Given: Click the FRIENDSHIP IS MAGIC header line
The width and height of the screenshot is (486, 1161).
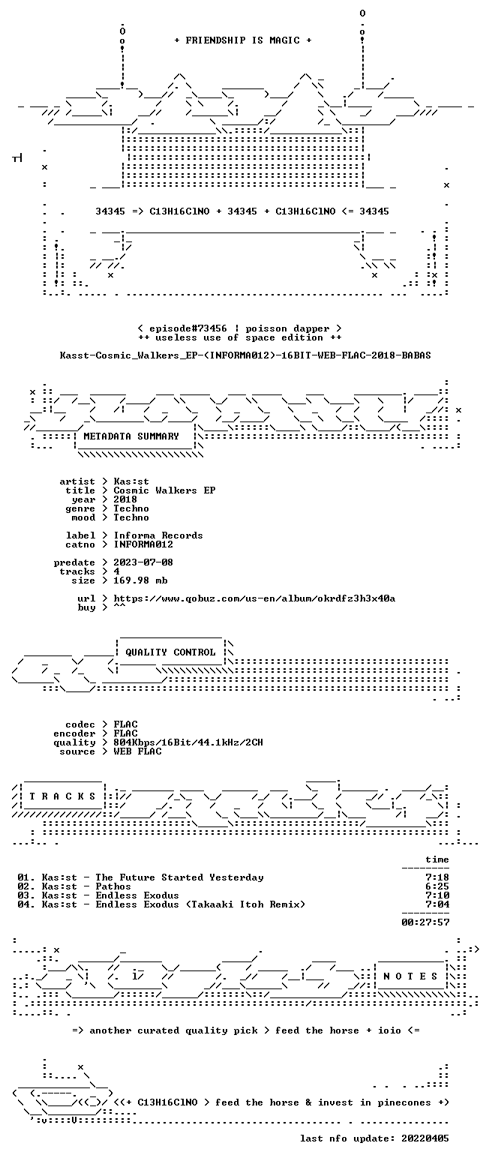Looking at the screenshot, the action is point(243,40).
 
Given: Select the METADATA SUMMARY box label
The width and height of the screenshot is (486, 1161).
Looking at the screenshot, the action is point(131,436).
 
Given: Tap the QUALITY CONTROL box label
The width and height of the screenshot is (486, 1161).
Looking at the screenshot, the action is point(170,652).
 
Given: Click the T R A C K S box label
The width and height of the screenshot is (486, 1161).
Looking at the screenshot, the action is point(63,796).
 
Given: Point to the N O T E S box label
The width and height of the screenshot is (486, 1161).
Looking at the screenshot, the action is point(410,976).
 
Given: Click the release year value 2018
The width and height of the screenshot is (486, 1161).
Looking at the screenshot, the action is point(125,499).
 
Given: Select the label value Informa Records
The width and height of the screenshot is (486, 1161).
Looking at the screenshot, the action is point(158,535).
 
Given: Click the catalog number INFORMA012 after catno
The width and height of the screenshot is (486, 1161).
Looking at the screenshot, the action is point(143,544).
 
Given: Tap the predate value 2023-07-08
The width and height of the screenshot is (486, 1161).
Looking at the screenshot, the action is point(143,562).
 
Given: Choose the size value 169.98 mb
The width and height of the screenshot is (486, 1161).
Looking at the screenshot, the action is point(140,580).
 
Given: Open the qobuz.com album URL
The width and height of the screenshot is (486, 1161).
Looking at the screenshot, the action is point(254,598).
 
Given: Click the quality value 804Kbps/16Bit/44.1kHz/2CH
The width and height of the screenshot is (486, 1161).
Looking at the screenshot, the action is point(188,742).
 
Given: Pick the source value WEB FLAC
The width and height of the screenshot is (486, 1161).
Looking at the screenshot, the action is point(137,751).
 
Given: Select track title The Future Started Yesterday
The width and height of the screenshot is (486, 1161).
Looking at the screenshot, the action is point(179,877).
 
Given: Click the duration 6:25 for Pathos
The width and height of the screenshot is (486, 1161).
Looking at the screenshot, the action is point(437,886).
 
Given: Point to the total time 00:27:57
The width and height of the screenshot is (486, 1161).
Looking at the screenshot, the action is point(425,922).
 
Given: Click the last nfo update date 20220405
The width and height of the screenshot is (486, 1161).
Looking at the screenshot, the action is point(425,1138).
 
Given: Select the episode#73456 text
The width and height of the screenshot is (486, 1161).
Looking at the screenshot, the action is point(188,328).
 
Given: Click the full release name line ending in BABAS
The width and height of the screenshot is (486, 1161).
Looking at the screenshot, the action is point(245,355).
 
